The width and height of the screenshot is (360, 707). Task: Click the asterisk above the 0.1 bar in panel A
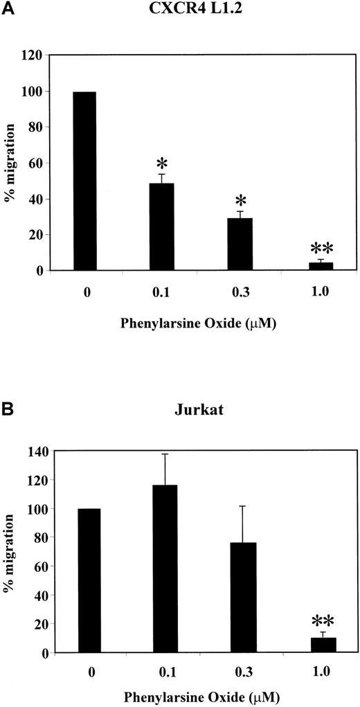click(x=161, y=163)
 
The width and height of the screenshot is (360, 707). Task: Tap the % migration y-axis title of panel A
click(x=12, y=162)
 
